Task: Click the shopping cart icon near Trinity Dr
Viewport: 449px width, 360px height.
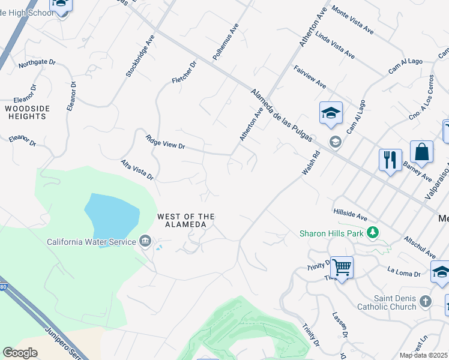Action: pos(342,267)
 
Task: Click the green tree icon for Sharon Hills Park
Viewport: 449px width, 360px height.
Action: pos(373,232)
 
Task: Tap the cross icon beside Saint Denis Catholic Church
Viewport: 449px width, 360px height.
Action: pos(426,301)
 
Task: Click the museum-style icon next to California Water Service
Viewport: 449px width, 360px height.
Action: pos(145,242)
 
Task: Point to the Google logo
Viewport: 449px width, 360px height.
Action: pos(20,353)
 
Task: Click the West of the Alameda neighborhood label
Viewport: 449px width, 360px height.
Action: pos(185,220)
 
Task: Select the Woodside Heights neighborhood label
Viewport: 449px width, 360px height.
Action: pos(34,112)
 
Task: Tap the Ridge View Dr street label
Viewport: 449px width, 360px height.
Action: pos(166,142)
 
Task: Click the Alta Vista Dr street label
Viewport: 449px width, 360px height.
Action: pos(137,170)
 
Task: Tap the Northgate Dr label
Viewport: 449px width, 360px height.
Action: pos(37,62)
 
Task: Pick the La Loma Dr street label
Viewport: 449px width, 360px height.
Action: pos(405,272)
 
